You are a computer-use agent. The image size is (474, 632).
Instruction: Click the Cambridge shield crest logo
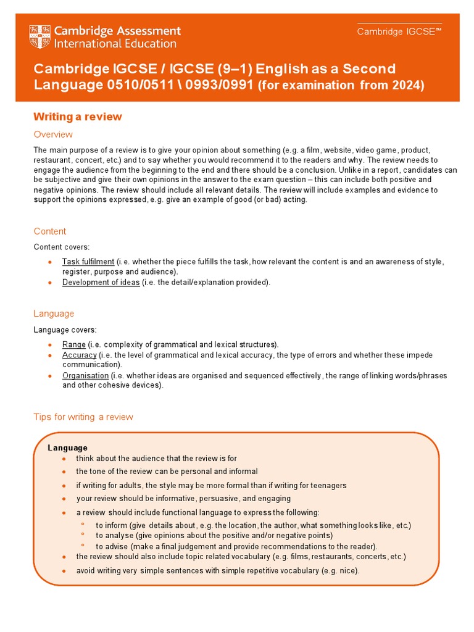(x=40, y=36)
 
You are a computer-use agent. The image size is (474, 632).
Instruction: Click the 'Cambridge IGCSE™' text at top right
(x=399, y=32)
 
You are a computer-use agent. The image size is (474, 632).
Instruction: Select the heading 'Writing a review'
(x=78, y=117)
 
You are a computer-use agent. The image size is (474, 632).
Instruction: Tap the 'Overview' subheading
(x=53, y=135)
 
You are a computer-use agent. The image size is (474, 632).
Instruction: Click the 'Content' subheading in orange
(x=50, y=231)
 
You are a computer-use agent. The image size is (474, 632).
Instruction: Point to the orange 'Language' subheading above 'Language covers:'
(x=54, y=314)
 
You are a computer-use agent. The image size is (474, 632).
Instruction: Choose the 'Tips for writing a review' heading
(x=83, y=417)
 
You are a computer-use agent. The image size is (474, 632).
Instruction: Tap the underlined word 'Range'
(x=74, y=344)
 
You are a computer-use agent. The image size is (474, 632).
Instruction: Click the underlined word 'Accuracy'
(x=79, y=355)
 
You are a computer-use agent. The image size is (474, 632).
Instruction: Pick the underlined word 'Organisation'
(x=85, y=375)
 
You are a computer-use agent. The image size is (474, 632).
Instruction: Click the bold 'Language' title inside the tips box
(x=67, y=447)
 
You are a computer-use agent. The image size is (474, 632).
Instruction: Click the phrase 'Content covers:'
(x=61, y=247)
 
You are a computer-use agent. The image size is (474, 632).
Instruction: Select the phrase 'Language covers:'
(x=65, y=330)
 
